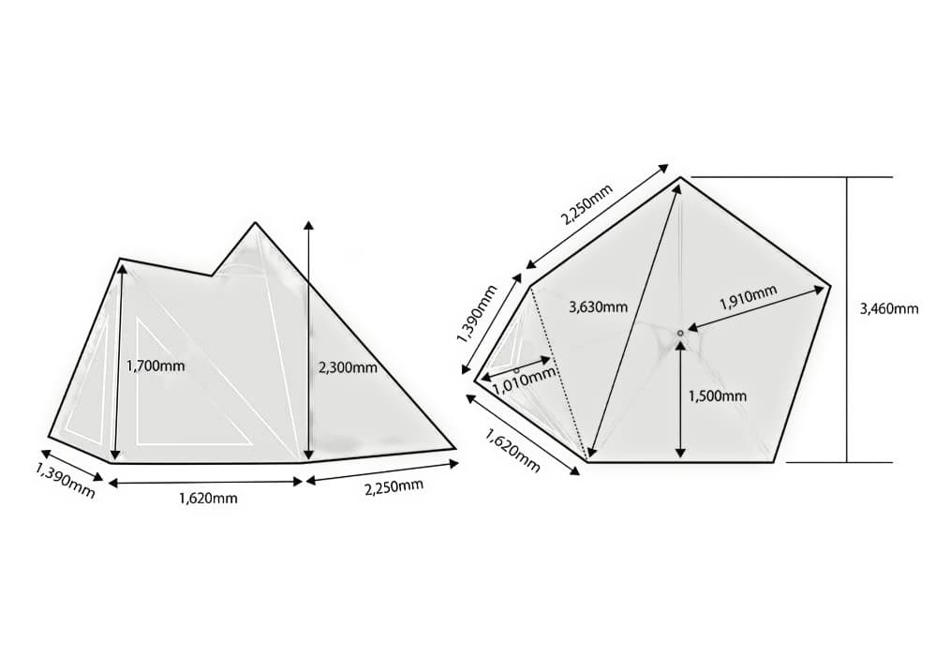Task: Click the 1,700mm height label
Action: (x=156, y=366)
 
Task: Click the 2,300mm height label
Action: (x=348, y=367)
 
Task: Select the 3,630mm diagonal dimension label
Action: (x=598, y=306)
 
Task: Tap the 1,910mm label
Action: (x=748, y=297)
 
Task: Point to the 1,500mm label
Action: (x=718, y=396)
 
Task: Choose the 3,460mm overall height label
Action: (x=889, y=309)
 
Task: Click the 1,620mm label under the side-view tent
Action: (x=208, y=498)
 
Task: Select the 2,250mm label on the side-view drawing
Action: (x=393, y=487)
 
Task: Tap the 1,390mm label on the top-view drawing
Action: (x=477, y=313)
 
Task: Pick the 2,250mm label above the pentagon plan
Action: (x=586, y=203)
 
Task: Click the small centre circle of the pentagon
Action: (x=680, y=333)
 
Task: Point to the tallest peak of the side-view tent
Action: (x=256, y=223)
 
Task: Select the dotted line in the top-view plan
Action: (x=558, y=372)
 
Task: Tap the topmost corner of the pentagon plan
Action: (x=680, y=177)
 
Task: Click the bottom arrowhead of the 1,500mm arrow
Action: (x=680, y=453)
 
